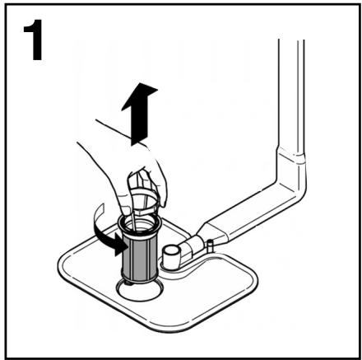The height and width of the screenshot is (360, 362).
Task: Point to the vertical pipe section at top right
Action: (x=293, y=91)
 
